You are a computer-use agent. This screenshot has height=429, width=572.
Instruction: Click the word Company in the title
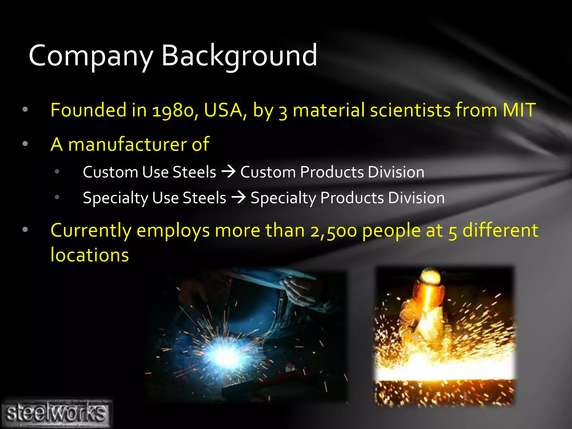tap(91, 56)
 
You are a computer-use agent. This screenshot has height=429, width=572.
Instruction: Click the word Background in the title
tap(239, 56)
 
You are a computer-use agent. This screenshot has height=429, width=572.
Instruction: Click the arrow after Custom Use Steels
tap(228, 171)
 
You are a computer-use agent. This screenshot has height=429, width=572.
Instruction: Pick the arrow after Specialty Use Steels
tap(239, 197)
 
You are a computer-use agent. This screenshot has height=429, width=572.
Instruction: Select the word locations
tap(90, 255)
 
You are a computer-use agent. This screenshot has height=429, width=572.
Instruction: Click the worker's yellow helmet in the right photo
tap(431, 276)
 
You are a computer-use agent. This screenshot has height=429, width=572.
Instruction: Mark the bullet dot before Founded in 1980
tap(25, 109)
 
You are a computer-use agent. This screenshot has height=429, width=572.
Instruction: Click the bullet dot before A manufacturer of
tap(25, 144)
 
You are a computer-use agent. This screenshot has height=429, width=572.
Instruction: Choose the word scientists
tap(410, 109)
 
